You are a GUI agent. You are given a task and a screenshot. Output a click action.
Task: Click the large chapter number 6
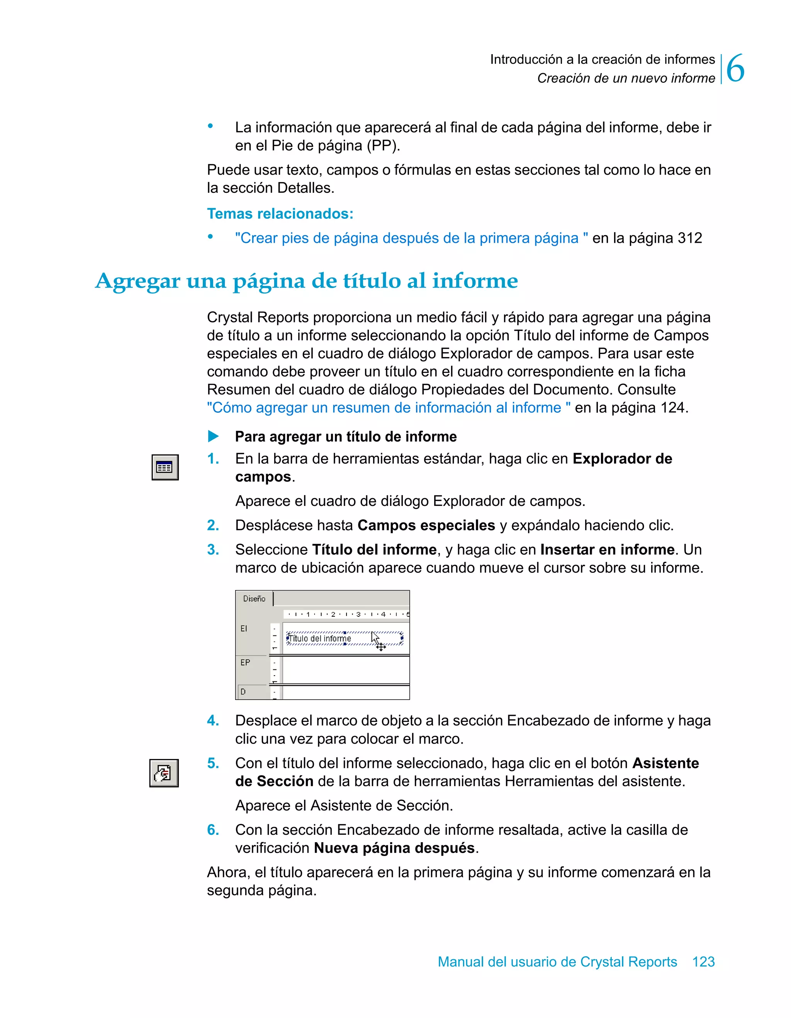[735, 68]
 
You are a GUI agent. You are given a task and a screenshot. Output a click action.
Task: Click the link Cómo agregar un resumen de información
[389, 408]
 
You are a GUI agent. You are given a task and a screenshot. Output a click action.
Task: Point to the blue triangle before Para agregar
[213, 437]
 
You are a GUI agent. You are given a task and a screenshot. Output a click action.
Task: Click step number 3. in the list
[213, 550]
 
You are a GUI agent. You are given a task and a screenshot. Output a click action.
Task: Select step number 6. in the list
[213, 830]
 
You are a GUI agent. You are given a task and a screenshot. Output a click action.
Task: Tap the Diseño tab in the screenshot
[255, 599]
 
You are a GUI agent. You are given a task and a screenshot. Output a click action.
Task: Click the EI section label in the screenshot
[244, 629]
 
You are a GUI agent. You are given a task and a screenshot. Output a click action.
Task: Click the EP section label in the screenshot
[245, 662]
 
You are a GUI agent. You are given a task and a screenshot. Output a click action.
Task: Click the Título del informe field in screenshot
[321, 638]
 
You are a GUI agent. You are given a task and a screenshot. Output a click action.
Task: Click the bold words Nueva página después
[394, 848]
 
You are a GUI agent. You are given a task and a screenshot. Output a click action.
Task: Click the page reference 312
[689, 238]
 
